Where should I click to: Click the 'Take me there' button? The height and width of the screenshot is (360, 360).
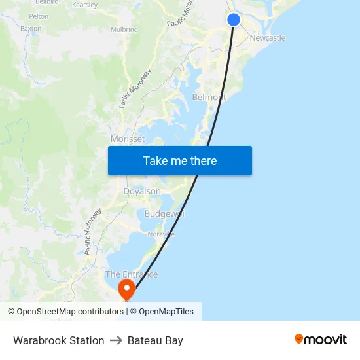180,161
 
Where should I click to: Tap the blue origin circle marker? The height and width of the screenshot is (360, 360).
234,20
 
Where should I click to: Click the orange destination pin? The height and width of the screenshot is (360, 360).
126,289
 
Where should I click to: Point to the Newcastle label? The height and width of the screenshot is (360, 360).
267,38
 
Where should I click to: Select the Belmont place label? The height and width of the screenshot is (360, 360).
209,98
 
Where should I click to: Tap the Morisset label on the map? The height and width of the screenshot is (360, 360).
128,139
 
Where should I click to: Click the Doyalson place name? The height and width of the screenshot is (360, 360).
142,191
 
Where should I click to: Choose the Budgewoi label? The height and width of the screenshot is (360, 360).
164,214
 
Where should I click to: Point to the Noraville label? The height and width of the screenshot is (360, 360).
161,234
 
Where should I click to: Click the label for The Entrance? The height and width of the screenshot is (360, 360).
132,274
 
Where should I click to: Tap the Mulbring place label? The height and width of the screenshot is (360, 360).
124,29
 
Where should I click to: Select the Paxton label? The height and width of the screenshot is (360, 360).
31,29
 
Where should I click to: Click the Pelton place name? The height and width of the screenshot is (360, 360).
39,16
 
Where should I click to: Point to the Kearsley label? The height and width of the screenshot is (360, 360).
84,5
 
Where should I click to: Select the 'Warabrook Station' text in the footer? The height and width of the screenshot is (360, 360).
59,340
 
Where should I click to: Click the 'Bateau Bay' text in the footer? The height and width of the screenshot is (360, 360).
155,340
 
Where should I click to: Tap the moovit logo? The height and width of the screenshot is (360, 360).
320,339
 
